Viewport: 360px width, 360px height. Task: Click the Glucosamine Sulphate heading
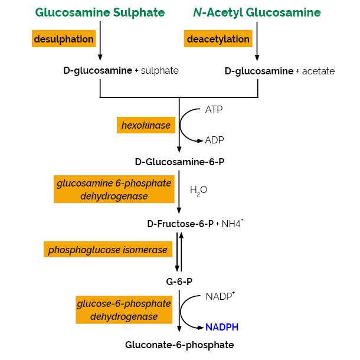pos(100,12)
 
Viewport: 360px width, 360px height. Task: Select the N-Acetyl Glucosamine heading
pos(257,12)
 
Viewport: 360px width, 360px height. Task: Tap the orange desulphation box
pos(64,40)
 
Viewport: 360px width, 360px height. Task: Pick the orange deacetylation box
pos(218,40)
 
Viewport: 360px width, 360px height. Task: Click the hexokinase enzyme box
pos(146,125)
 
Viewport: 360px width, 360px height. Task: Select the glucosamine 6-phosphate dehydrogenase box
pos(114,189)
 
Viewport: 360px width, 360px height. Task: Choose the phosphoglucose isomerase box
pos(108,250)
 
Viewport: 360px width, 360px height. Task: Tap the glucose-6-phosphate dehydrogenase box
pos(123,310)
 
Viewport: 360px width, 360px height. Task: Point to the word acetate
pos(318,71)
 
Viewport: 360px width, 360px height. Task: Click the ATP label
pos(214,110)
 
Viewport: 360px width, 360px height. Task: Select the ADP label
pos(214,140)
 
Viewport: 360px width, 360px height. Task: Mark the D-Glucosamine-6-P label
pos(179,162)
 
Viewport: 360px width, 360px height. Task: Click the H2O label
pos(198,190)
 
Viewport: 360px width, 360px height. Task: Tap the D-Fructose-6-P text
pos(180,224)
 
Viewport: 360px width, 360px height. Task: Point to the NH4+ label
pos(233,224)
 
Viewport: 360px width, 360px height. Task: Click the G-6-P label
pos(179,281)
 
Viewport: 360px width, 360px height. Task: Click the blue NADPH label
pos(222,326)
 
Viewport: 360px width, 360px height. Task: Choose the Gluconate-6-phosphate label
pos(179,345)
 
